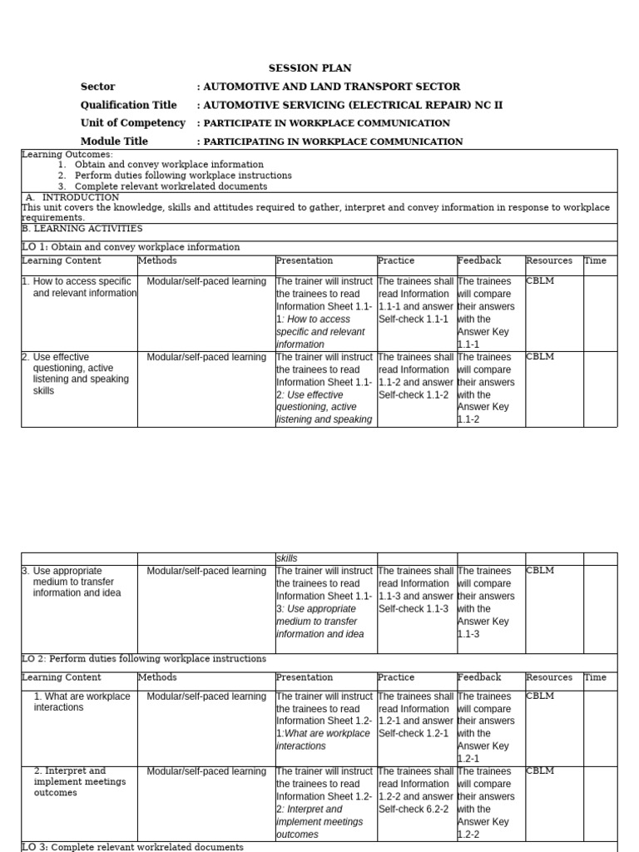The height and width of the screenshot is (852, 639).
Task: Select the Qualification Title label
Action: (128, 105)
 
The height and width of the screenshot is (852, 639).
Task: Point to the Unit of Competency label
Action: (132, 123)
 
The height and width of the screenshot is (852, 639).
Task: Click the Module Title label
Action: (114, 141)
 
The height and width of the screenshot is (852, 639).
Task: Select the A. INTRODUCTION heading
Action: (72, 197)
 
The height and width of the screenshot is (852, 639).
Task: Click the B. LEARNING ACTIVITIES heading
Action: (82, 228)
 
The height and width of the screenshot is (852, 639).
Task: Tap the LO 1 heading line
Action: (131, 247)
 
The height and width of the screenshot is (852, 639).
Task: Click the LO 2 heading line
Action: (144, 659)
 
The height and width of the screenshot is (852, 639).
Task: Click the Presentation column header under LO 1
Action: (305, 261)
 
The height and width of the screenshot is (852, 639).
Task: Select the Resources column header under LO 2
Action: (549, 677)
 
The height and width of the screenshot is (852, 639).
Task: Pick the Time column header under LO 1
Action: (596, 261)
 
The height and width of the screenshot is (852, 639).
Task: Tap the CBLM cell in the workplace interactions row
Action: (540, 696)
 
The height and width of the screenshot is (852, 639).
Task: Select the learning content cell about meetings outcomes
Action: (80, 782)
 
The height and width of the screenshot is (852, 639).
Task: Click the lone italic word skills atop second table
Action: (287, 558)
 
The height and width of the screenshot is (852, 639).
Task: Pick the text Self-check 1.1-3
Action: (414, 609)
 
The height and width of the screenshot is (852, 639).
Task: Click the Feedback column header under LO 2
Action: (479, 677)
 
